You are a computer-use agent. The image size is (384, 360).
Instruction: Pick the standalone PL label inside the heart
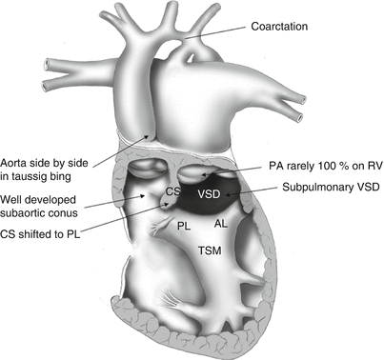click(184, 225)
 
